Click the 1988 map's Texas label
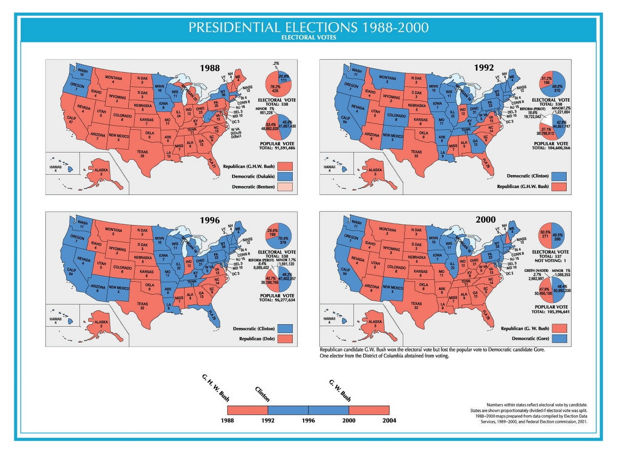pyautogui.click(x=142, y=154)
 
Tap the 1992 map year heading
pyautogui.click(x=484, y=68)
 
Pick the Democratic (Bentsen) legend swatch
pyautogui.click(x=285, y=187)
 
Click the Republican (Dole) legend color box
pyautogui.click(x=285, y=339)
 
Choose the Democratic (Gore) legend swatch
pyautogui.click(x=559, y=339)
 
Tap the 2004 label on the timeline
pyautogui.click(x=389, y=420)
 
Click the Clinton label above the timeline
pyautogui.click(x=262, y=394)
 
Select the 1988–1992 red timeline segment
pyautogui.click(x=247, y=410)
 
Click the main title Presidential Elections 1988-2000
pyautogui.click(x=308, y=28)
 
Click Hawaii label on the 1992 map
pyautogui.click(x=329, y=168)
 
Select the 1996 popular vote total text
pyautogui.click(x=277, y=300)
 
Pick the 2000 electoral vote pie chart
pyautogui.click(x=552, y=236)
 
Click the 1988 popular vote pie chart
pyautogui.click(x=278, y=127)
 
